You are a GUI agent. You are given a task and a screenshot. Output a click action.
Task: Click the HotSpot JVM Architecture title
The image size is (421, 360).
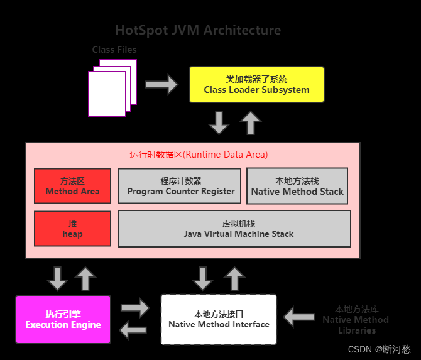pyautogui.click(x=198, y=30)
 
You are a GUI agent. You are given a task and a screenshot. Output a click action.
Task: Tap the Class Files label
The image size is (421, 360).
pyautogui.click(x=114, y=49)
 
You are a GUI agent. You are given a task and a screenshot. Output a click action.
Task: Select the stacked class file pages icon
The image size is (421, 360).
pyautogui.click(x=111, y=88)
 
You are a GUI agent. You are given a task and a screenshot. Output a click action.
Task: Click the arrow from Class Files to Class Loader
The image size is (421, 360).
pyautogui.click(x=161, y=84)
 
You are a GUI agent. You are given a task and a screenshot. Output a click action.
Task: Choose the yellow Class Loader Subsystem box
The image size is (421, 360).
pyautogui.click(x=256, y=84)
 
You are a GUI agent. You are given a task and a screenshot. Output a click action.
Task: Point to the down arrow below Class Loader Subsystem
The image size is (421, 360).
pyautogui.click(x=219, y=123)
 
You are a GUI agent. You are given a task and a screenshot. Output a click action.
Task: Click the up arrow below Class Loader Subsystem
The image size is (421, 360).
pyautogui.click(x=251, y=123)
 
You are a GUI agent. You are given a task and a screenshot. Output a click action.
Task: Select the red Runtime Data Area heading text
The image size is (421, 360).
pyautogui.click(x=199, y=154)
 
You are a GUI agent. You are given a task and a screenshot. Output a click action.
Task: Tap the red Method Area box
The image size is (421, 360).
pyautogui.click(x=72, y=185)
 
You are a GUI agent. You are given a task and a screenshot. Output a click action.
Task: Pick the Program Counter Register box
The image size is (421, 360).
pyautogui.click(x=180, y=186)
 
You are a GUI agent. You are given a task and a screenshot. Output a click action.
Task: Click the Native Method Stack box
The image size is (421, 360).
pyautogui.click(x=297, y=186)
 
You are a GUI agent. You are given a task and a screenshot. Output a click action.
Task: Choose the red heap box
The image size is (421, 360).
pyautogui.click(x=72, y=229)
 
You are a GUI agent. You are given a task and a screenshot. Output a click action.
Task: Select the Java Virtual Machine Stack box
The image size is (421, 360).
pyautogui.click(x=234, y=229)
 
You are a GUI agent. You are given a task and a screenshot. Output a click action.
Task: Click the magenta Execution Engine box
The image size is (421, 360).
pyautogui.click(x=63, y=319)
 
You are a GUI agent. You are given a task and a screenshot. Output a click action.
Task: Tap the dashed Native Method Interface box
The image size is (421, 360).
pyautogui.click(x=219, y=319)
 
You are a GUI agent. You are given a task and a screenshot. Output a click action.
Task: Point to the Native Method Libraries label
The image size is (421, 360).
pyautogui.click(x=356, y=319)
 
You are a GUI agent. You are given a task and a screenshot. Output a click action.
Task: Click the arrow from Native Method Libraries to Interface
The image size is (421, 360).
pyautogui.click(x=299, y=317)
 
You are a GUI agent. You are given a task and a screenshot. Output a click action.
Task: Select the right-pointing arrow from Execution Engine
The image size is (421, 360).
pyautogui.click(x=135, y=308)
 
